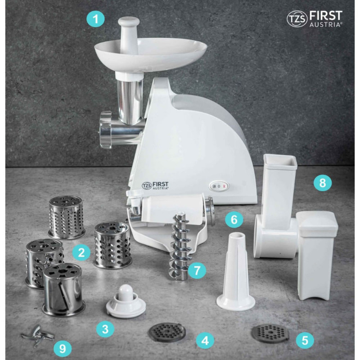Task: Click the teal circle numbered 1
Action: point(95,18)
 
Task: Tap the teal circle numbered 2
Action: point(81,252)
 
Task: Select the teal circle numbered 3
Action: point(105,329)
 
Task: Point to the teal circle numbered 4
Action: point(205,341)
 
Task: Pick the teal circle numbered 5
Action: point(305,340)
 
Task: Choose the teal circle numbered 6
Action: point(234,220)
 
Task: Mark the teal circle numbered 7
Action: point(197,270)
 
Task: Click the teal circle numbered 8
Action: point(323,183)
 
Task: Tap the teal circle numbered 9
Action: point(63,349)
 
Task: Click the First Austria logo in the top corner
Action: point(315,19)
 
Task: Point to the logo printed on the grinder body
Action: point(155,185)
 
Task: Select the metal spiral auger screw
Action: point(181,246)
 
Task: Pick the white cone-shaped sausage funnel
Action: point(235,271)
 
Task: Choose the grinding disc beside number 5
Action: point(270,333)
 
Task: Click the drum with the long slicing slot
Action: point(63,290)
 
